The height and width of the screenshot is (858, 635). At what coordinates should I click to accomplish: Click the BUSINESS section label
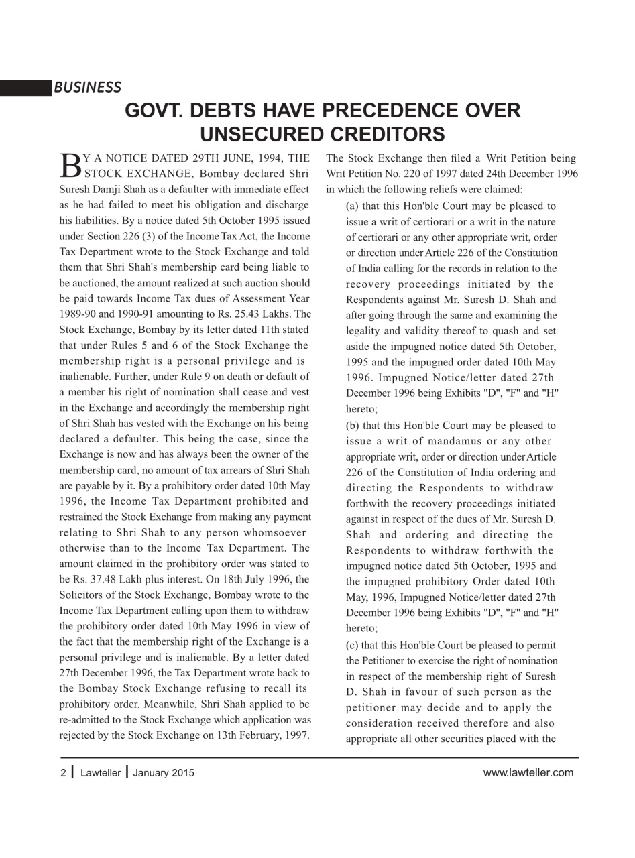[x=87, y=87]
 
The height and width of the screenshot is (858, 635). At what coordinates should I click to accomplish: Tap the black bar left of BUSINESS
[x=25, y=88]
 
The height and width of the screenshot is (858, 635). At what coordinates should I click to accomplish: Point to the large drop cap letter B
[x=70, y=164]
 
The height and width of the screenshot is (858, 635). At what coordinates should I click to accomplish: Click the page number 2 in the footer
[x=63, y=772]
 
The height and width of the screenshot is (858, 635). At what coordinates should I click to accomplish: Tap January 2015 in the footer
[x=164, y=772]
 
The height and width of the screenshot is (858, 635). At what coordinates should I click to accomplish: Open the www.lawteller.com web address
[x=528, y=772]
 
